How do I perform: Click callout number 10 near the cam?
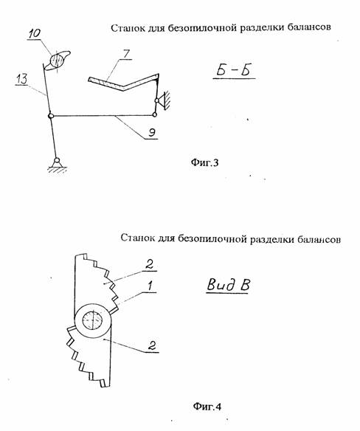(35, 33)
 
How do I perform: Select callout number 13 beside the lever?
(21, 79)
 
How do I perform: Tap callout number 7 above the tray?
(126, 54)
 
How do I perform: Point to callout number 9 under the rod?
(152, 132)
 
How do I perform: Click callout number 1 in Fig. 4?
(150, 286)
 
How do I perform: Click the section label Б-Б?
(234, 70)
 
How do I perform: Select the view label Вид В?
(228, 284)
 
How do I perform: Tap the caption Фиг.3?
(205, 162)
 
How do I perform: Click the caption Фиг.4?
(207, 406)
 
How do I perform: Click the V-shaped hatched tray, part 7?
(123, 81)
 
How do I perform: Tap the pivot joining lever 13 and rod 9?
(51, 116)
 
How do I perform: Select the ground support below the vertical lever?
(57, 165)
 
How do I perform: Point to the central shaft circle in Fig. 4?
(93, 320)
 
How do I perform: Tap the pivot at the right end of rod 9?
(155, 115)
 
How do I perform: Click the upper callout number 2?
(149, 265)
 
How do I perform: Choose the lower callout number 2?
(152, 345)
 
